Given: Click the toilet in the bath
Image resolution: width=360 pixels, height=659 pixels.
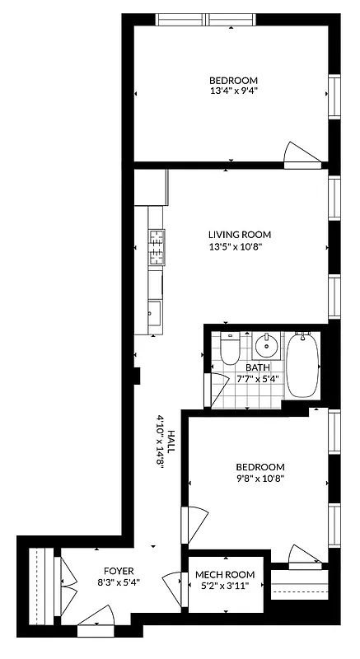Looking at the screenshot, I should click(x=231, y=350).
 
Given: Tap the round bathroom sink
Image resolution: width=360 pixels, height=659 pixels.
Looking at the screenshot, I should click(x=266, y=344).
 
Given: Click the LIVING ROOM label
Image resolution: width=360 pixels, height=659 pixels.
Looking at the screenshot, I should click(x=239, y=235).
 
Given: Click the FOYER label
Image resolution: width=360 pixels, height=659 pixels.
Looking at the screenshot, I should click(x=118, y=571).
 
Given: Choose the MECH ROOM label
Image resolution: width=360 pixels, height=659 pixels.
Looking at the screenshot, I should click(x=225, y=574).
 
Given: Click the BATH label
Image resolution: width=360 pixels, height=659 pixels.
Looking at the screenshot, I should click(x=258, y=368).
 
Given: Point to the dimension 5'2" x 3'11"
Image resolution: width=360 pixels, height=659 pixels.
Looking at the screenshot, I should click(x=225, y=586).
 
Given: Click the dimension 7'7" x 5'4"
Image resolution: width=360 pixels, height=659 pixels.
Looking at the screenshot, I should click(x=258, y=380).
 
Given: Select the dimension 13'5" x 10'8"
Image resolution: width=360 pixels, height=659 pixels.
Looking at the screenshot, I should click(x=239, y=246).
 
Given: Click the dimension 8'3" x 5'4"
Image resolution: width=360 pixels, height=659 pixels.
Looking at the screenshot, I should click(x=118, y=582).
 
